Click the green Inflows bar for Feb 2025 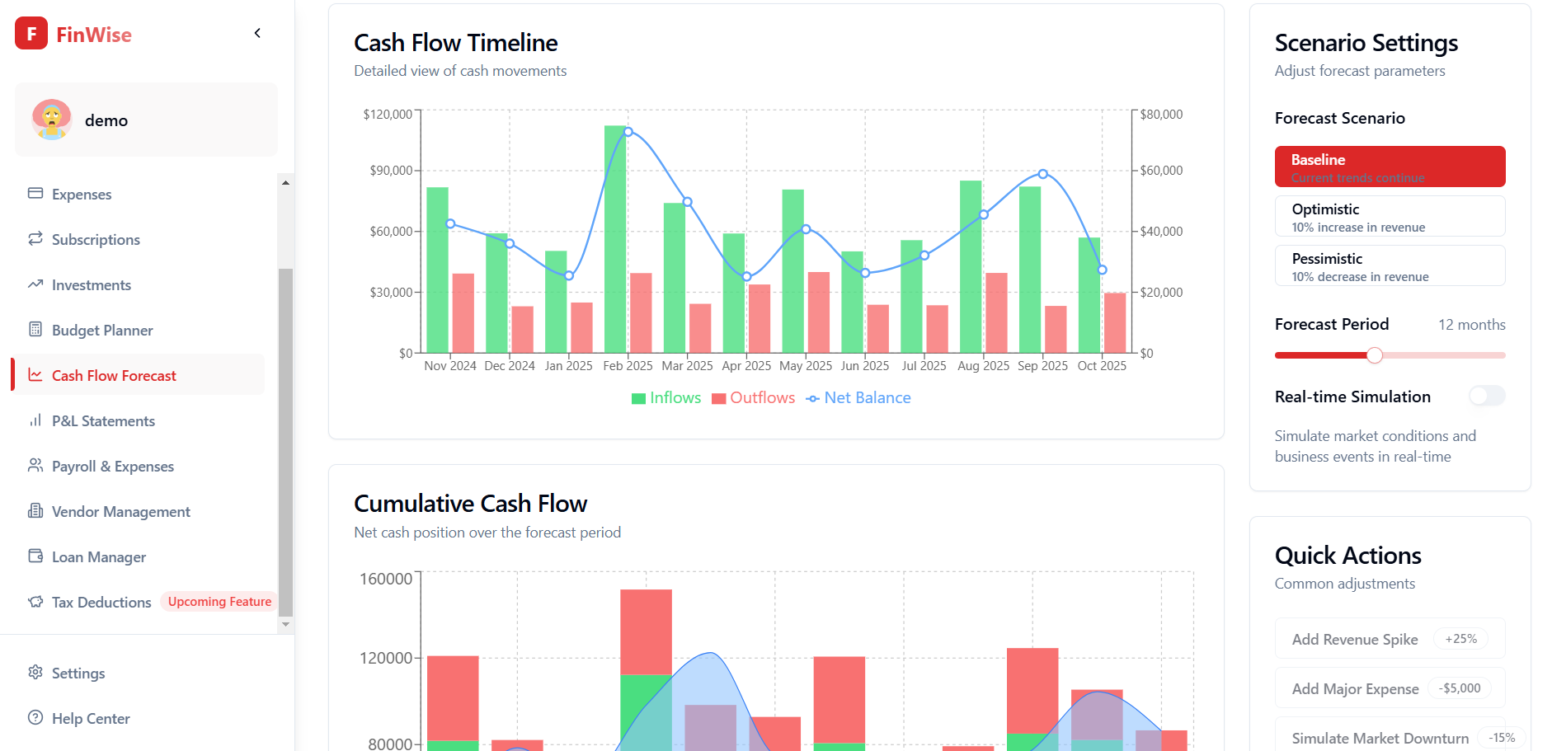click(614, 239)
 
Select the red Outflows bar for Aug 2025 click(996, 312)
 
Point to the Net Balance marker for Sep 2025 click(1043, 174)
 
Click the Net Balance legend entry click(858, 398)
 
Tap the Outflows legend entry click(754, 398)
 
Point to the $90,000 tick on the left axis click(391, 171)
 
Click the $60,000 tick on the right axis click(1161, 171)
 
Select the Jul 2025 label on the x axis click(924, 366)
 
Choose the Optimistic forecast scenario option click(1390, 217)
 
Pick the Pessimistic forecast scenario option click(1390, 266)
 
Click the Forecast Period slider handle click(1374, 355)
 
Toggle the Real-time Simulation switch click(1487, 397)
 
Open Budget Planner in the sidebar click(102, 331)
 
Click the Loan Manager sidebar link click(99, 557)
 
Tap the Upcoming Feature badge click(219, 602)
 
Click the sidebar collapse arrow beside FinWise click(257, 33)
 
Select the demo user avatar click(52, 120)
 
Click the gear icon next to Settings click(35, 673)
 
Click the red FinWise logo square click(31, 34)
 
